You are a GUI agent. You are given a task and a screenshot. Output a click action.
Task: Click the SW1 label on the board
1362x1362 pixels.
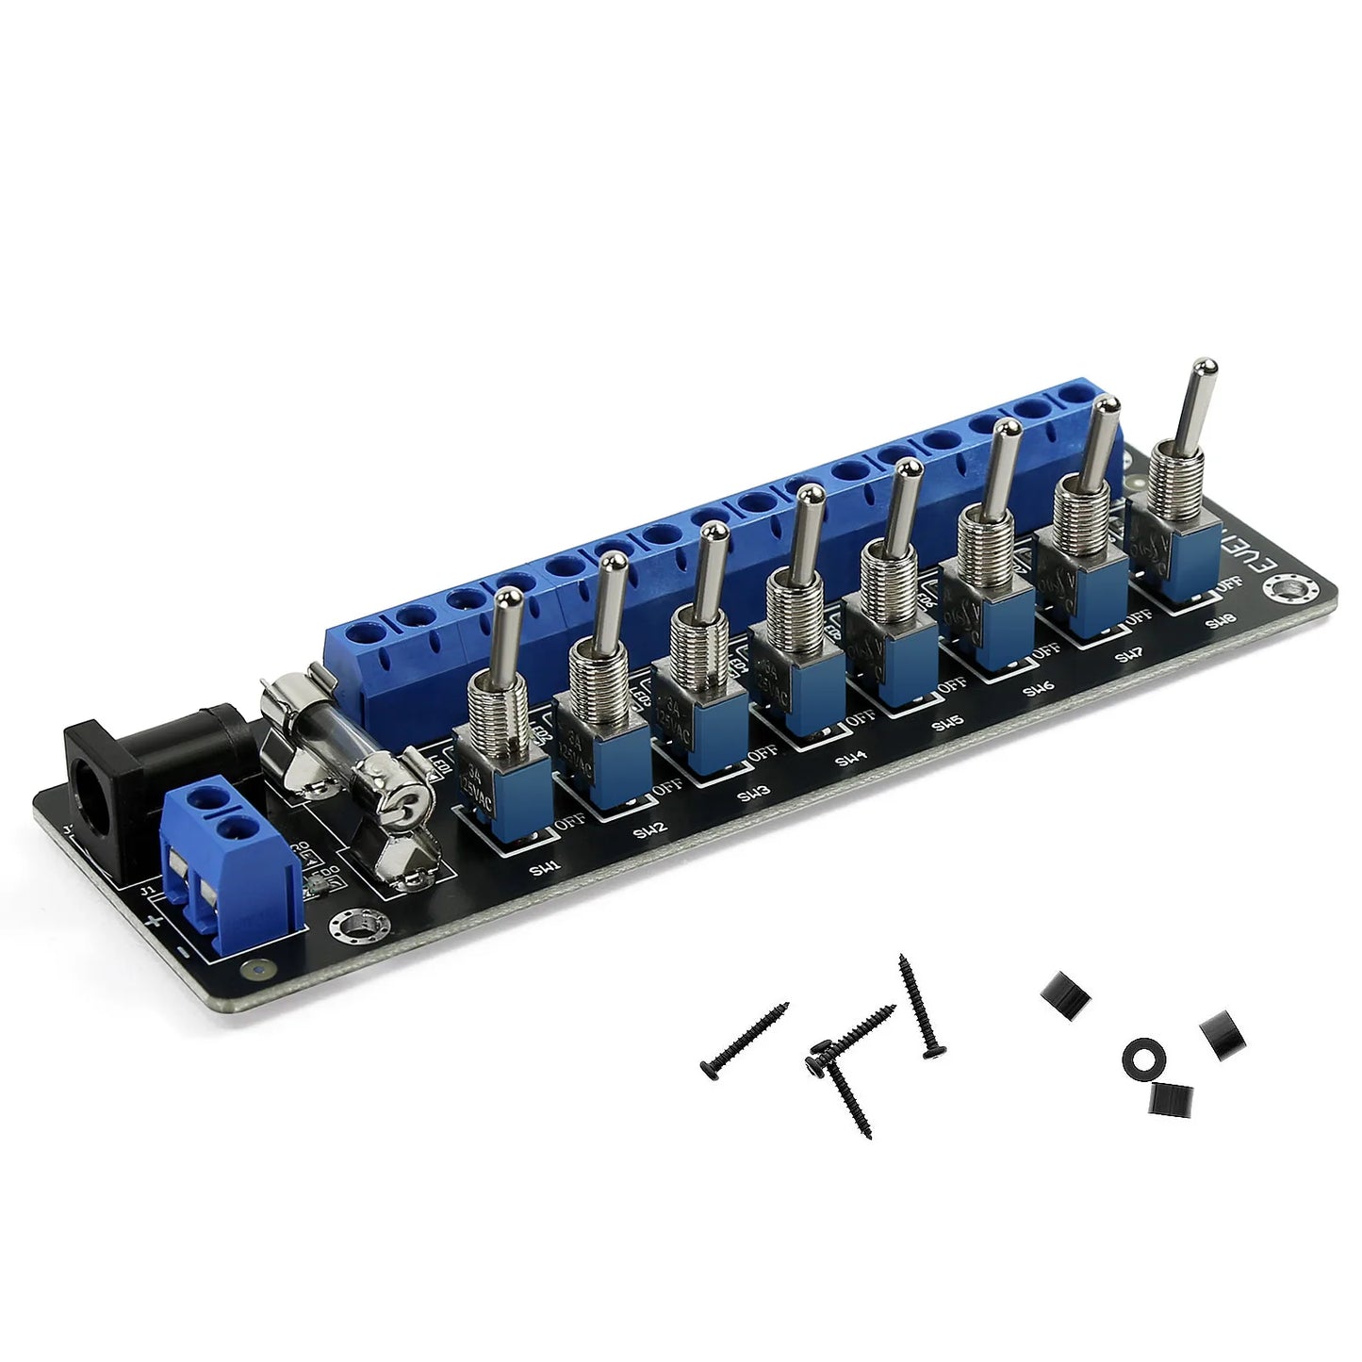545,871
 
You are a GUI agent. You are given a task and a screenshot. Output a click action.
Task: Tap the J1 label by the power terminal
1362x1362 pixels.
146,889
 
